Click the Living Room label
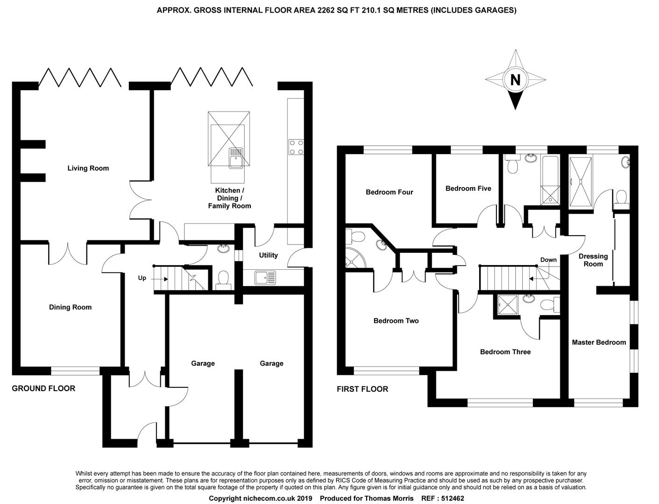(88, 168)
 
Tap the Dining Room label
(70, 307)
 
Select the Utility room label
(268, 255)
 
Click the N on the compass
(515, 80)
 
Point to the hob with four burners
(296, 147)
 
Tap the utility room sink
(265, 277)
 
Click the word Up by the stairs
(142, 278)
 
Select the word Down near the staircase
(548, 260)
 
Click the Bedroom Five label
(468, 189)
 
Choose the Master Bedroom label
(599, 343)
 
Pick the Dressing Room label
(593, 260)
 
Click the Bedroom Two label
(396, 321)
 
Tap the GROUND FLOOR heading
(43, 388)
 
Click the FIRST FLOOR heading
(362, 389)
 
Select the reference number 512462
(450, 498)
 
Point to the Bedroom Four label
(389, 192)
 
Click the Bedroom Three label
(505, 352)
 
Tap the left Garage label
(203, 363)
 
